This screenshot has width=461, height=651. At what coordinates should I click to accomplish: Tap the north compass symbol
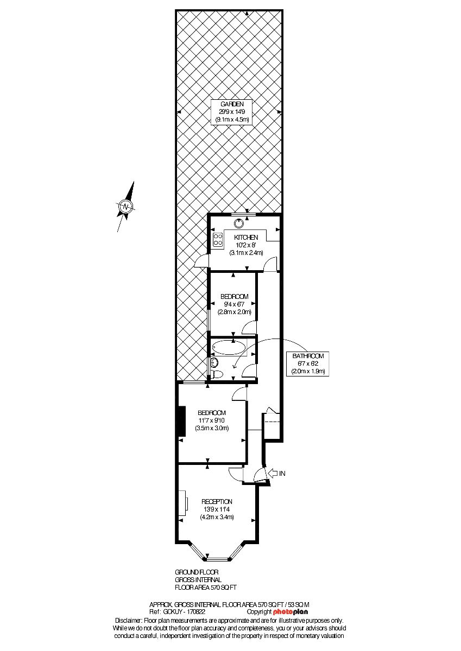pyautogui.click(x=125, y=207)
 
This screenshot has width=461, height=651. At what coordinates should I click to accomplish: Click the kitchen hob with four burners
pyautogui.click(x=218, y=240)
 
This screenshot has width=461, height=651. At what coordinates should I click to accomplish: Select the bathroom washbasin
pyautogui.click(x=213, y=362)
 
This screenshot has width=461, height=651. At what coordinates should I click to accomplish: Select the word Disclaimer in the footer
pyautogui.click(x=128, y=620)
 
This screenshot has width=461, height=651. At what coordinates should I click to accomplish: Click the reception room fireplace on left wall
pyautogui.click(x=185, y=503)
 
